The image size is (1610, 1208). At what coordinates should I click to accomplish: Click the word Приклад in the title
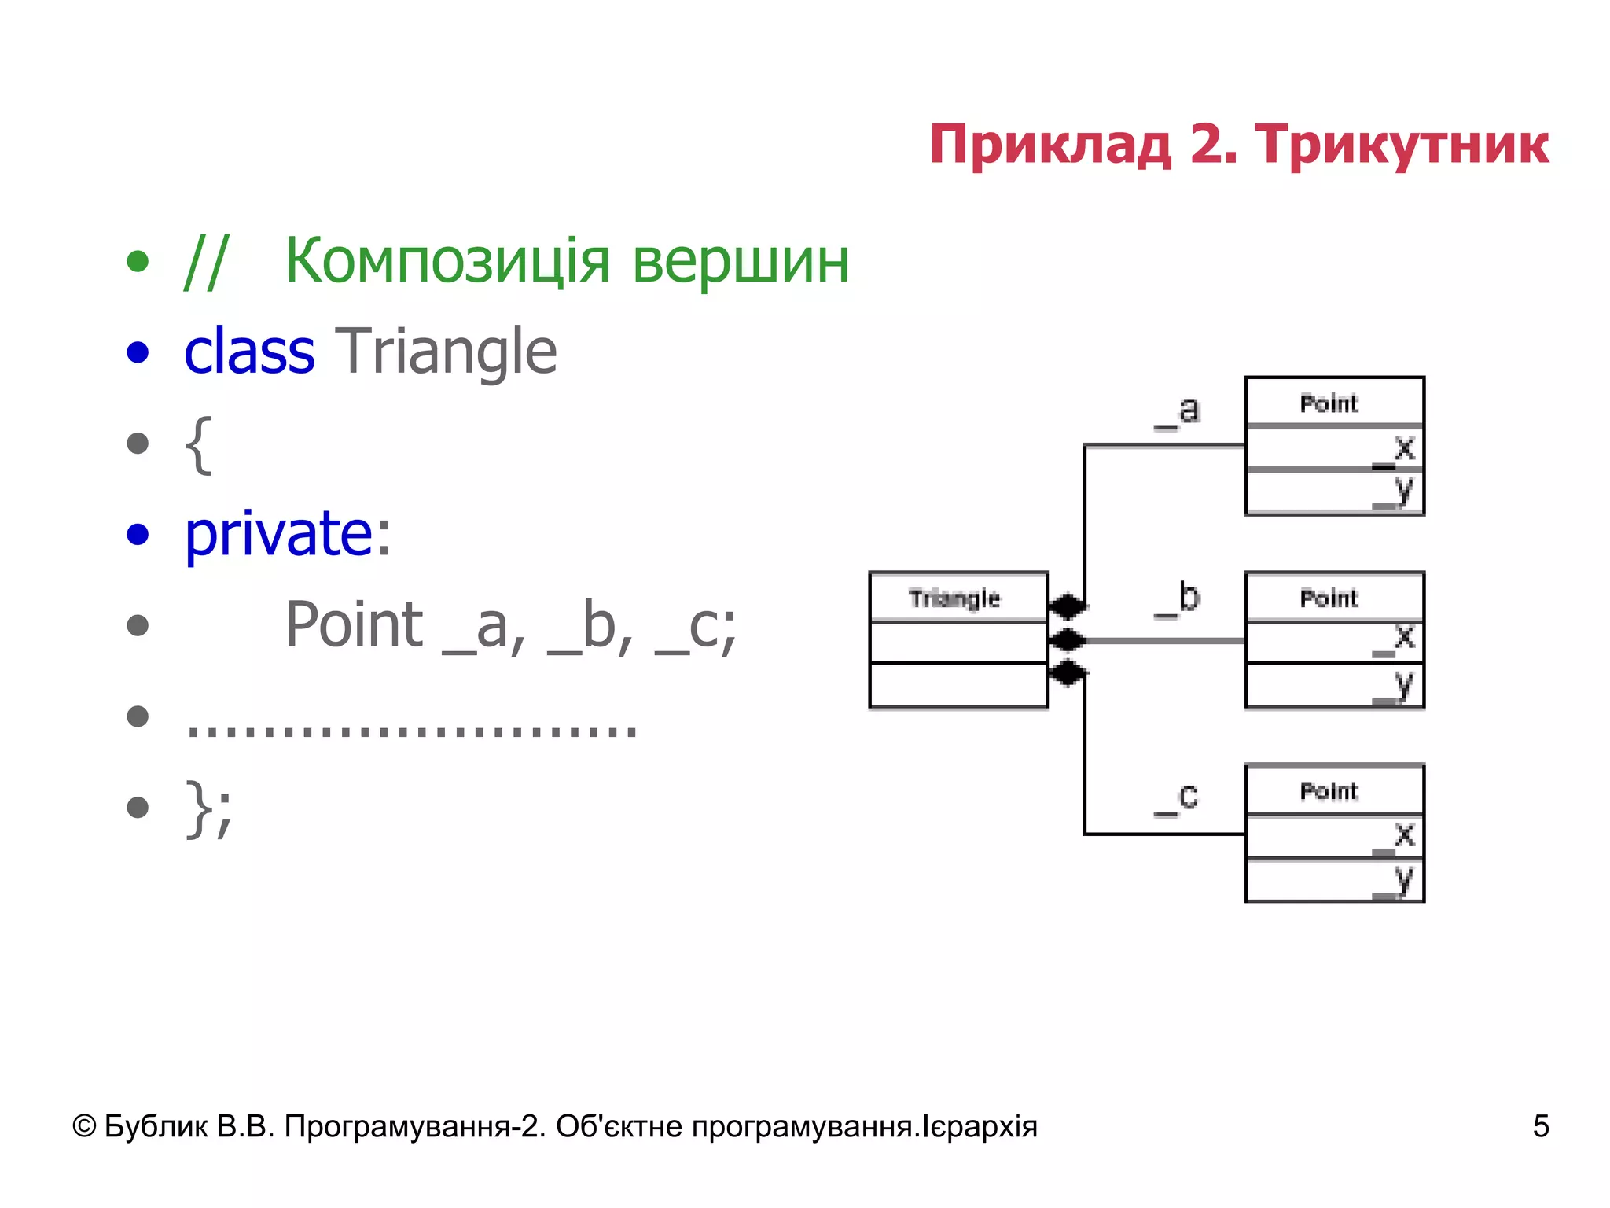(1050, 145)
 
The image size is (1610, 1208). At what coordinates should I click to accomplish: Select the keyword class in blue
(249, 352)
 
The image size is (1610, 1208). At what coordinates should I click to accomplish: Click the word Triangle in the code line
(446, 352)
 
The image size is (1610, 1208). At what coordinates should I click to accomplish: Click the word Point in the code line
(354, 625)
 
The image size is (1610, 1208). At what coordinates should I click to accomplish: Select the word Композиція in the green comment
(447, 261)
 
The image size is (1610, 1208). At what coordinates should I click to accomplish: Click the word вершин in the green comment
(741, 261)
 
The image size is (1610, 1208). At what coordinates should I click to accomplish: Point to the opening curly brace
(198, 444)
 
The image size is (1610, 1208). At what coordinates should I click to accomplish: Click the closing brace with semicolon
(208, 808)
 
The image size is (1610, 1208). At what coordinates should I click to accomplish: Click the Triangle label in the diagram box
(954, 598)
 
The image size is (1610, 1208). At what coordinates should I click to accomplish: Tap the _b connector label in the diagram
(1178, 599)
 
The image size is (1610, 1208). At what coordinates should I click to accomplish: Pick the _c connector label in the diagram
(1177, 797)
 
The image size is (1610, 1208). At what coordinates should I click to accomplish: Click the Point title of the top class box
(1329, 403)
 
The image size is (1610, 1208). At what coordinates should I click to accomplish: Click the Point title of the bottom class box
(1329, 790)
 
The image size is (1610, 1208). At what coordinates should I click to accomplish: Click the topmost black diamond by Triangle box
(1068, 606)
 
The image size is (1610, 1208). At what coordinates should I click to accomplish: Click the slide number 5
(1540, 1126)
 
